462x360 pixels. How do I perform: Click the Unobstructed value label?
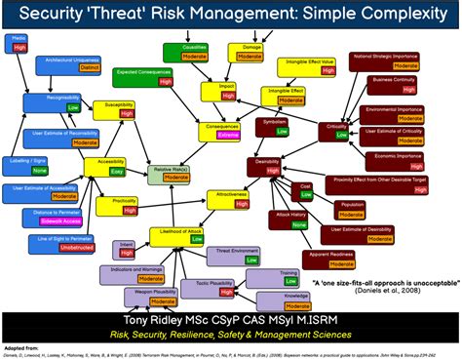point(58,246)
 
